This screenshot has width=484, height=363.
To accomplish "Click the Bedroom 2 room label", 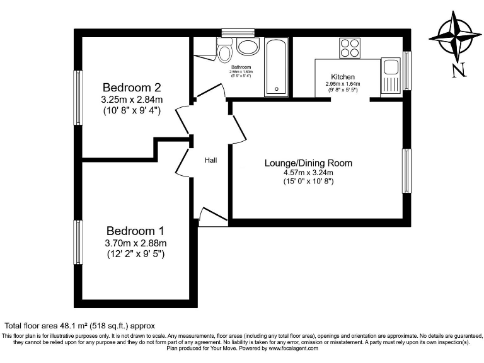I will click(x=132, y=87).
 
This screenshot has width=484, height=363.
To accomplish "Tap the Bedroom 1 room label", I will click(x=135, y=230).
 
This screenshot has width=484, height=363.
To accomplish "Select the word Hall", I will click(x=210, y=160).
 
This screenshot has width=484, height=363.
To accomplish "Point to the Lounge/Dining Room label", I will click(x=308, y=163).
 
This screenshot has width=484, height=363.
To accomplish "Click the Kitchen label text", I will click(x=343, y=76).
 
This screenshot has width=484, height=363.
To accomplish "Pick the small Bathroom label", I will click(x=241, y=67).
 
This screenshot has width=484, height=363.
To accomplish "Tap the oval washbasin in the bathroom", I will click(x=249, y=47).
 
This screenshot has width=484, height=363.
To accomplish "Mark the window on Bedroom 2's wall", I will click(x=78, y=97).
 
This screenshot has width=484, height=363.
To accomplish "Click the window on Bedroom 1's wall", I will click(x=78, y=243).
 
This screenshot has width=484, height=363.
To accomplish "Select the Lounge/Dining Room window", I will click(x=406, y=171).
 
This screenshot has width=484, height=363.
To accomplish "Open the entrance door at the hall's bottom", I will click(x=212, y=217).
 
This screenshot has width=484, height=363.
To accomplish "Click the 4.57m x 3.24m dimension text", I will click(x=308, y=173).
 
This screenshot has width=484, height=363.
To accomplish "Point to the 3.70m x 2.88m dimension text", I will click(x=135, y=243).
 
